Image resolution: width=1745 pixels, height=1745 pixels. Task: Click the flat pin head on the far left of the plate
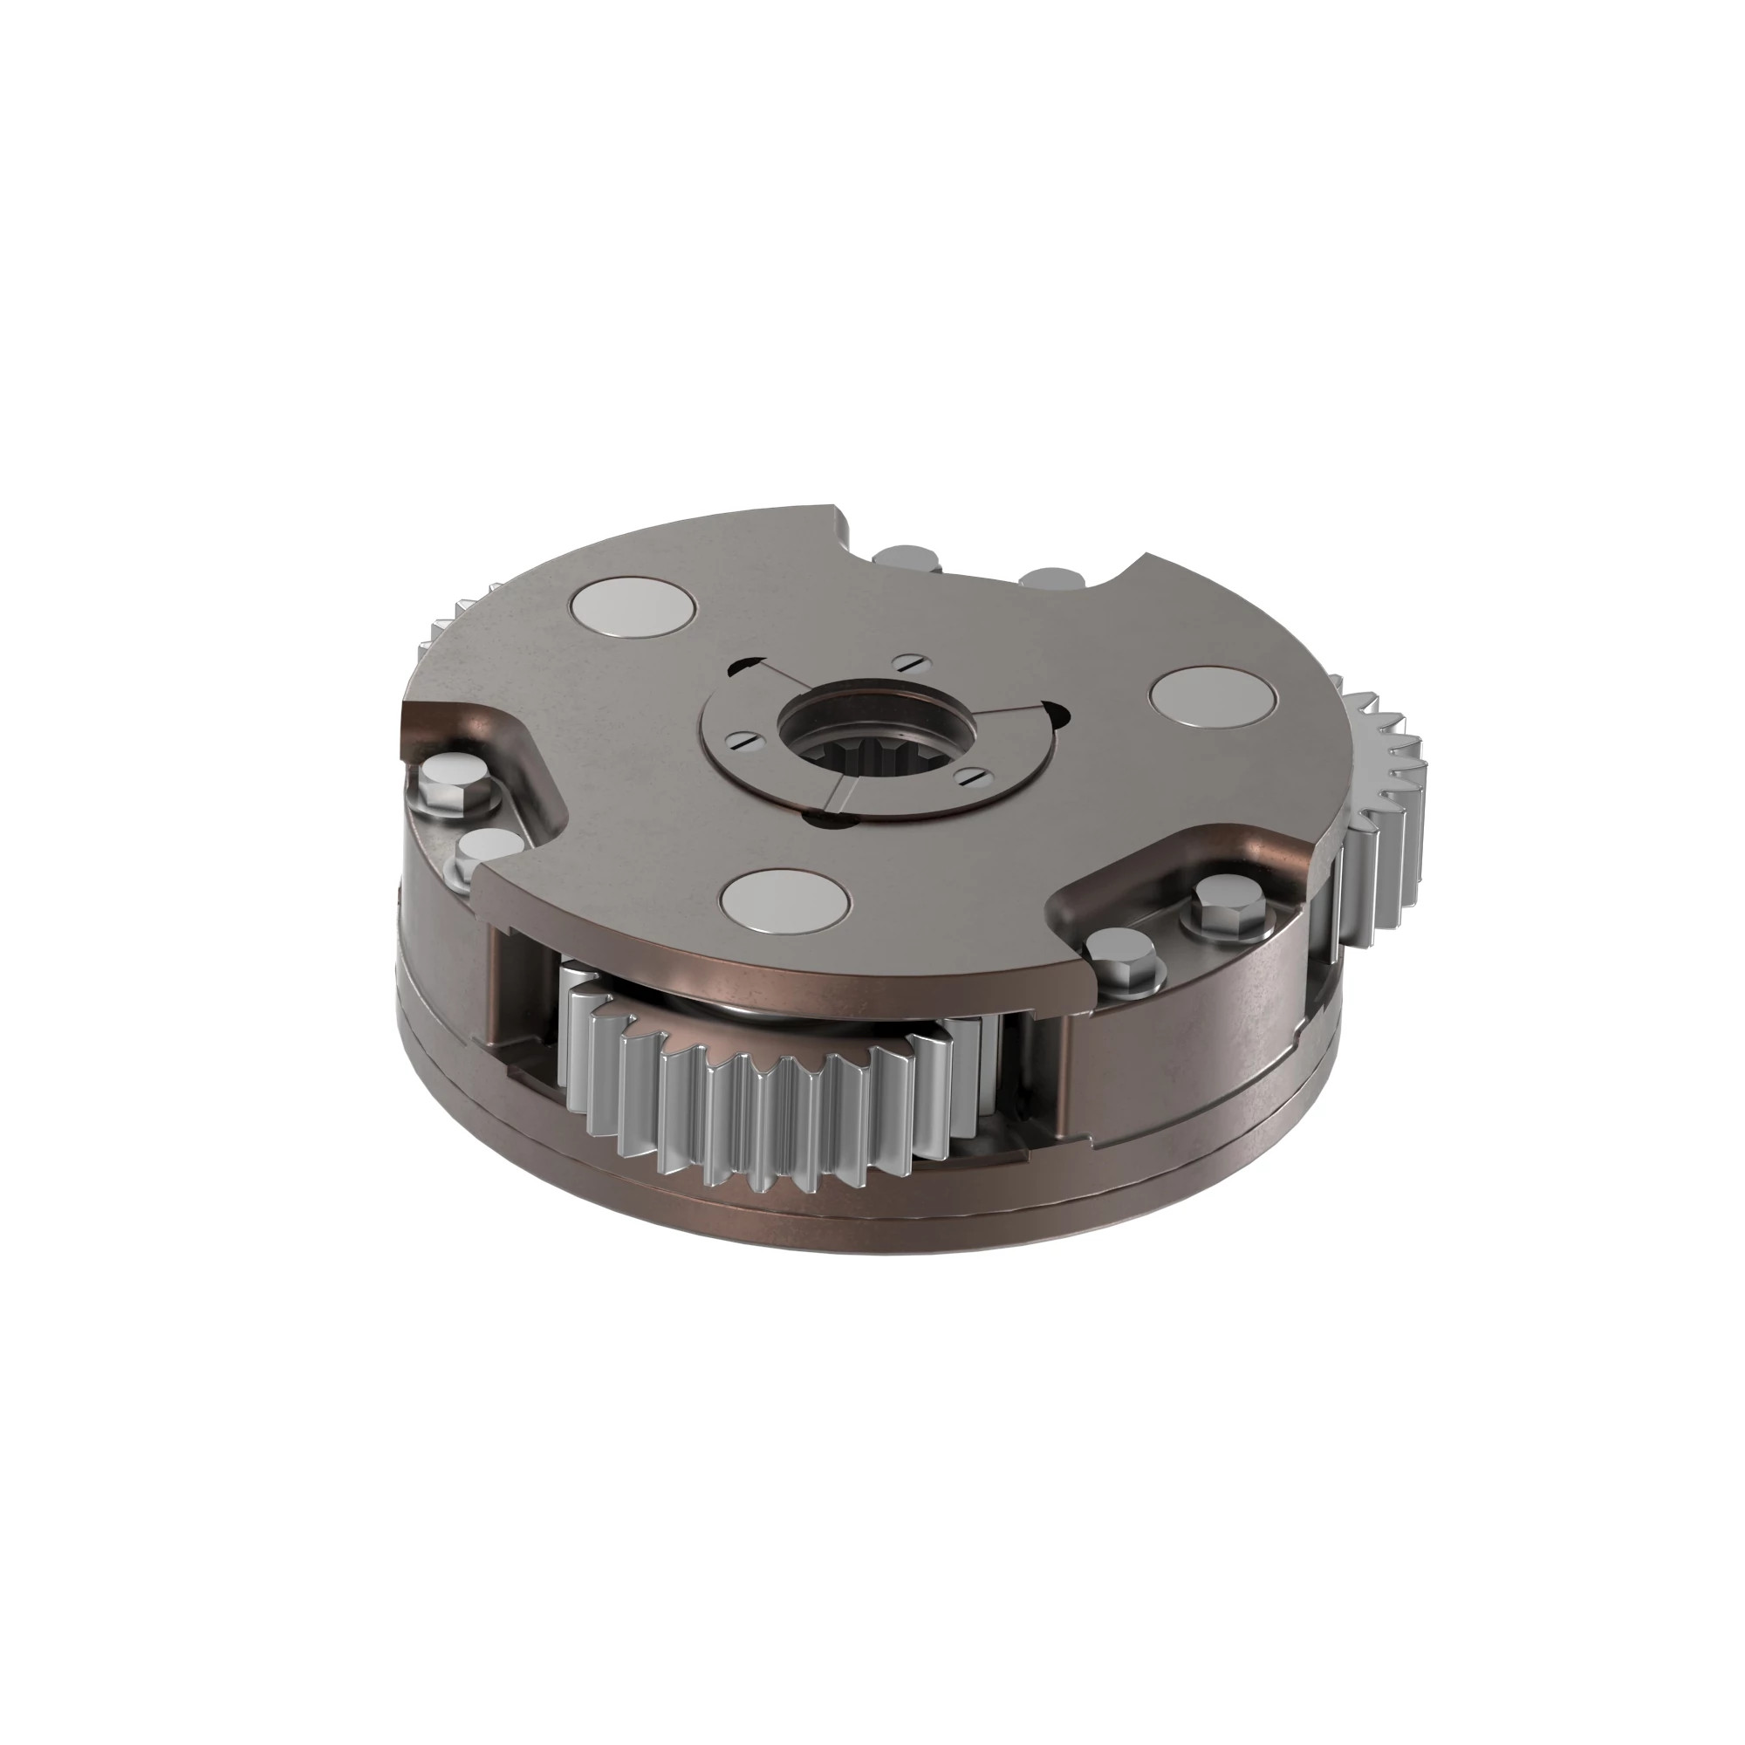[636, 611]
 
